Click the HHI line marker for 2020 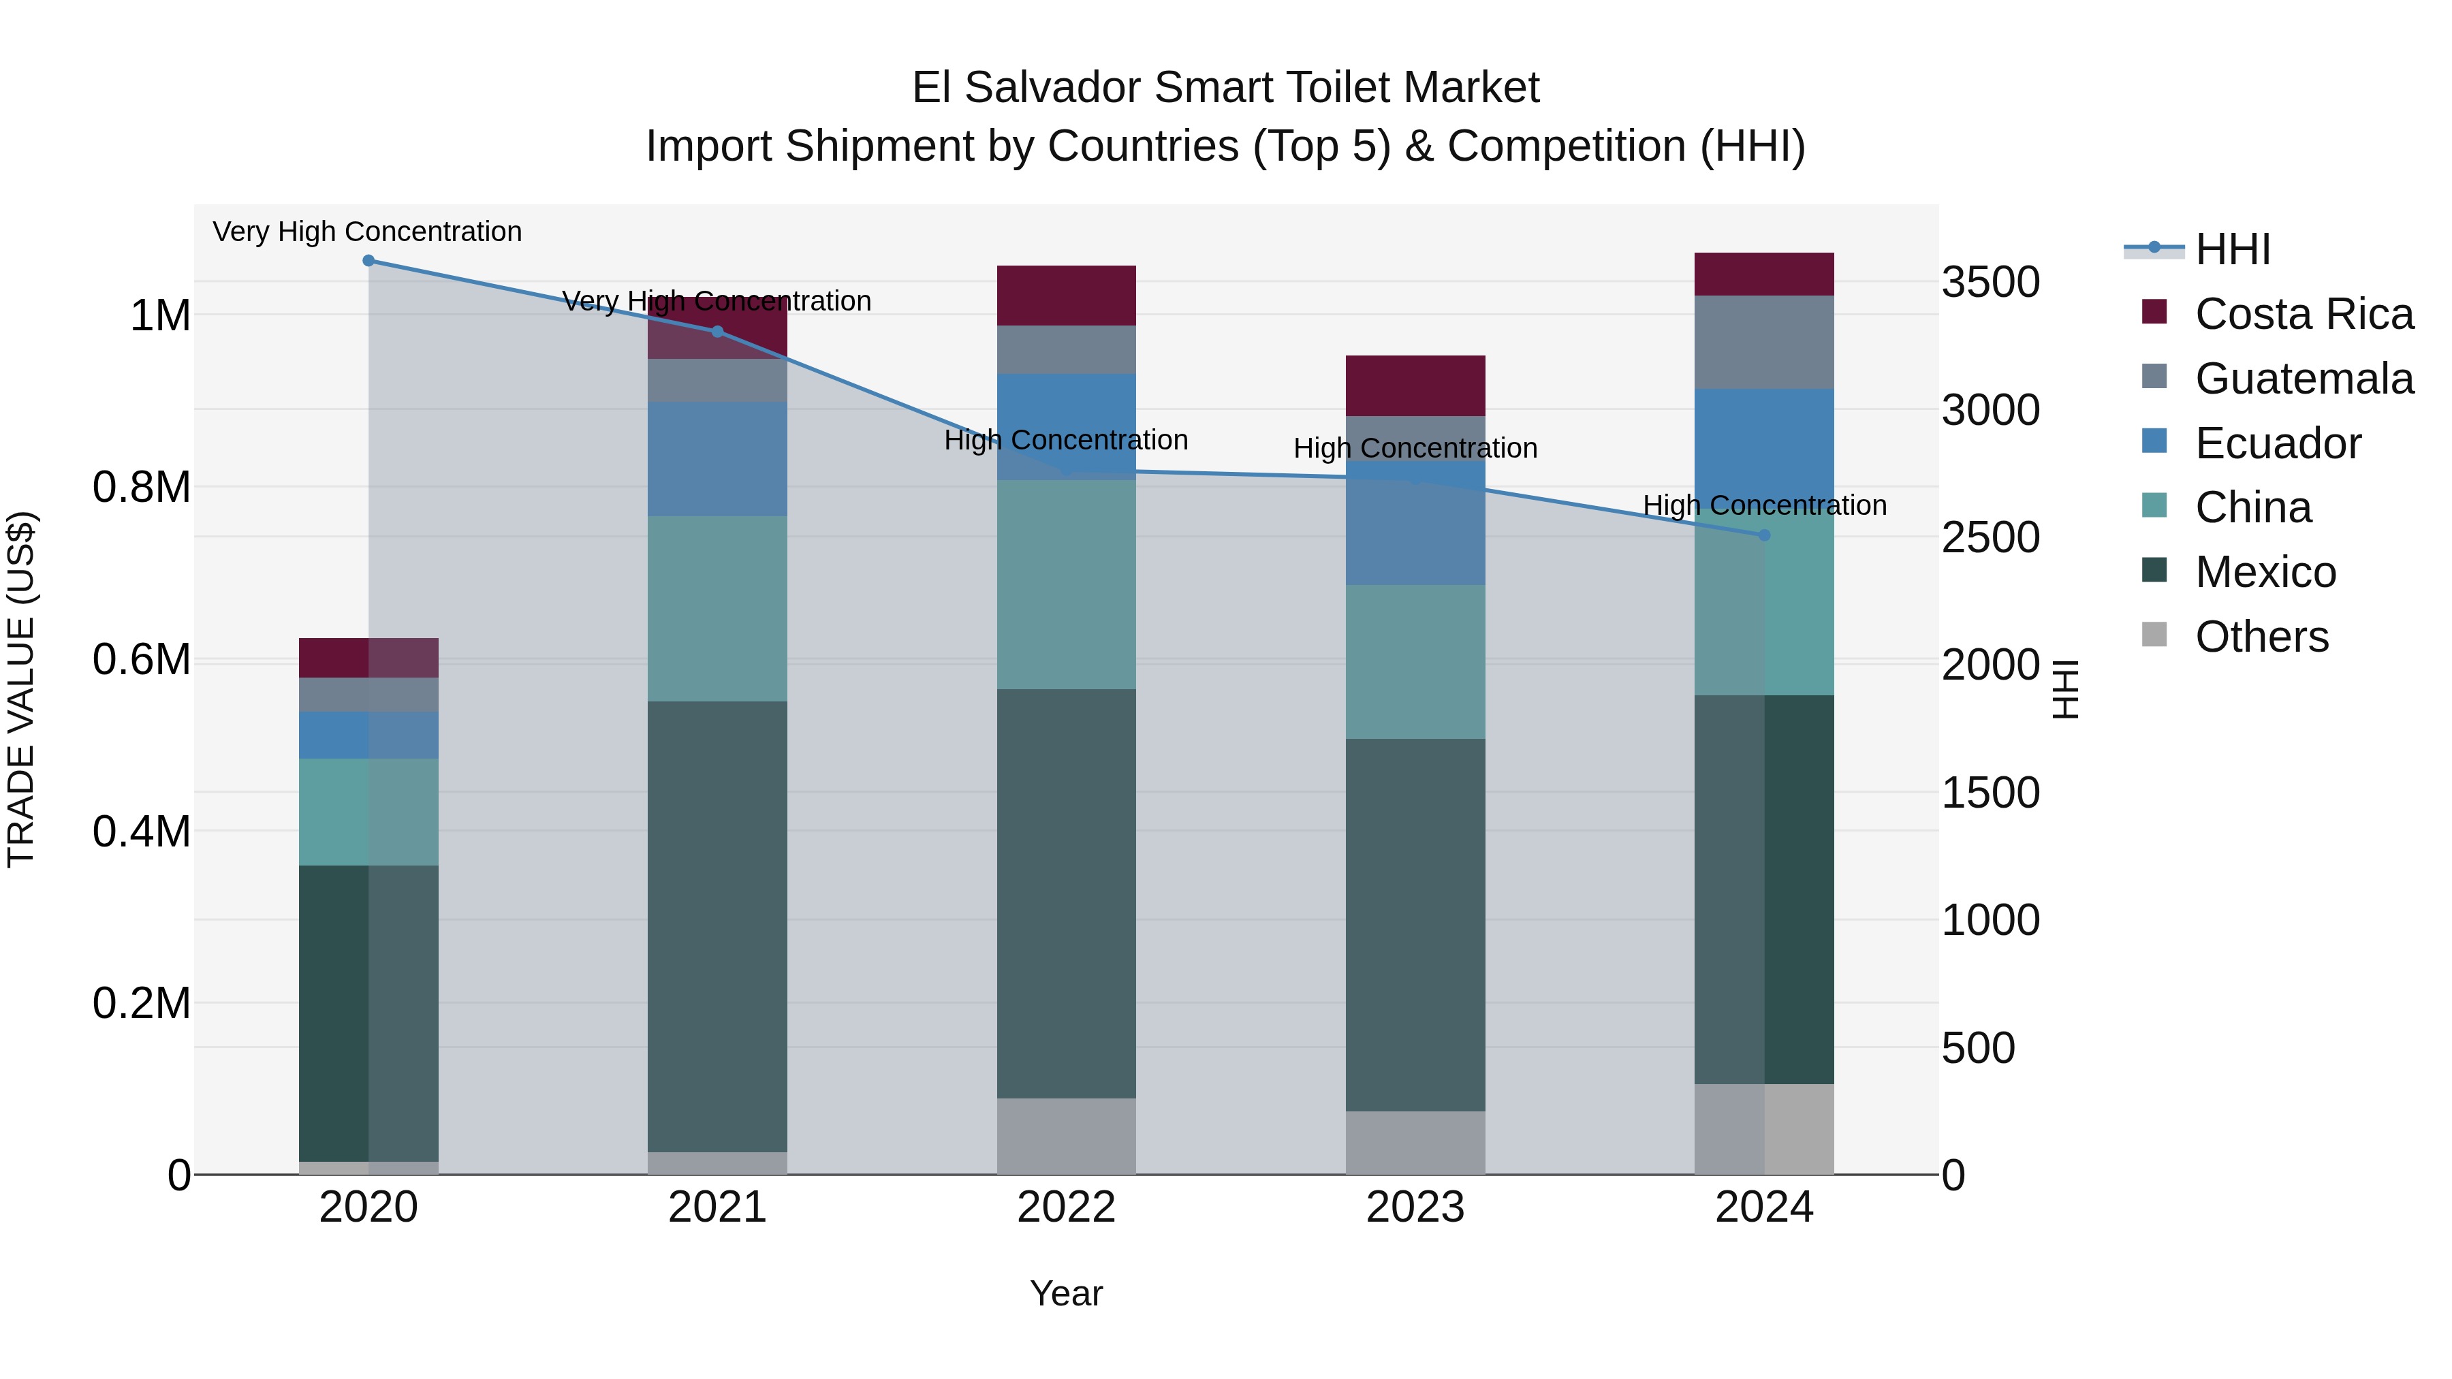coord(368,261)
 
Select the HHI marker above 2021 coord(718,331)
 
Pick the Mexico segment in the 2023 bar coord(1415,924)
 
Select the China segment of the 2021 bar coord(718,609)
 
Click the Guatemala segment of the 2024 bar coord(1764,343)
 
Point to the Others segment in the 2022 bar coord(1066,1137)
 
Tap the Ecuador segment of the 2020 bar coord(368,735)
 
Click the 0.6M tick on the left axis coord(142,659)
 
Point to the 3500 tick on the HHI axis coord(1990,283)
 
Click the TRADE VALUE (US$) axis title coord(22,689)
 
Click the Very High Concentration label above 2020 coord(367,232)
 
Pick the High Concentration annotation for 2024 coord(1764,505)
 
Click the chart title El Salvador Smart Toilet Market coord(1225,89)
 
